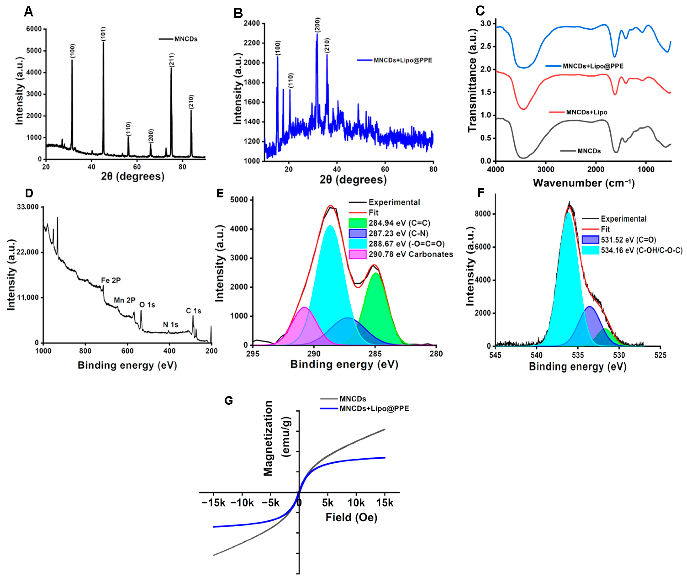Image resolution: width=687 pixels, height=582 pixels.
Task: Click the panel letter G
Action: pyautogui.click(x=228, y=401)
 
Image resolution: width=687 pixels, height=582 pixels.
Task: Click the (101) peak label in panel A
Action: pyautogui.click(x=103, y=34)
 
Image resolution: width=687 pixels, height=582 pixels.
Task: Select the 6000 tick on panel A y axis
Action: pyautogui.click(x=34, y=29)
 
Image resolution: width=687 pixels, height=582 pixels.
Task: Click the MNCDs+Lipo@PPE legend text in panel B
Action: pyautogui.click(x=403, y=60)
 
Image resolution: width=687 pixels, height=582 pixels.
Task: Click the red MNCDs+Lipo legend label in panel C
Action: pyautogui.click(x=586, y=112)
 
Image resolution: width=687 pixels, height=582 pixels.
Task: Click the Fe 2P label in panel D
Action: pyautogui.click(x=111, y=280)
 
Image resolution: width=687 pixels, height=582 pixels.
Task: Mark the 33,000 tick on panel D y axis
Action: pyautogui.click(x=28, y=207)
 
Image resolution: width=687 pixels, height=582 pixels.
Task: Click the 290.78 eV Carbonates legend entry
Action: pyautogui.click(x=410, y=254)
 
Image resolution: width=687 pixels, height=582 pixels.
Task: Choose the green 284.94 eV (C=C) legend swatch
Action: pyautogui.click(x=357, y=223)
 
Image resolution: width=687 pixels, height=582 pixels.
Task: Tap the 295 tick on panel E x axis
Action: pyautogui.click(x=253, y=354)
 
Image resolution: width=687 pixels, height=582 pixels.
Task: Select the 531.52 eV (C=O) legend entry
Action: pyautogui.click(x=628, y=240)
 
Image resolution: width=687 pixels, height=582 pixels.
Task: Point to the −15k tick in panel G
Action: pyautogui.click(x=214, y=503)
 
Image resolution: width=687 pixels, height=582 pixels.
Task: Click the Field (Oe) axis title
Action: pyautogui.click(x=351, y=517)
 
